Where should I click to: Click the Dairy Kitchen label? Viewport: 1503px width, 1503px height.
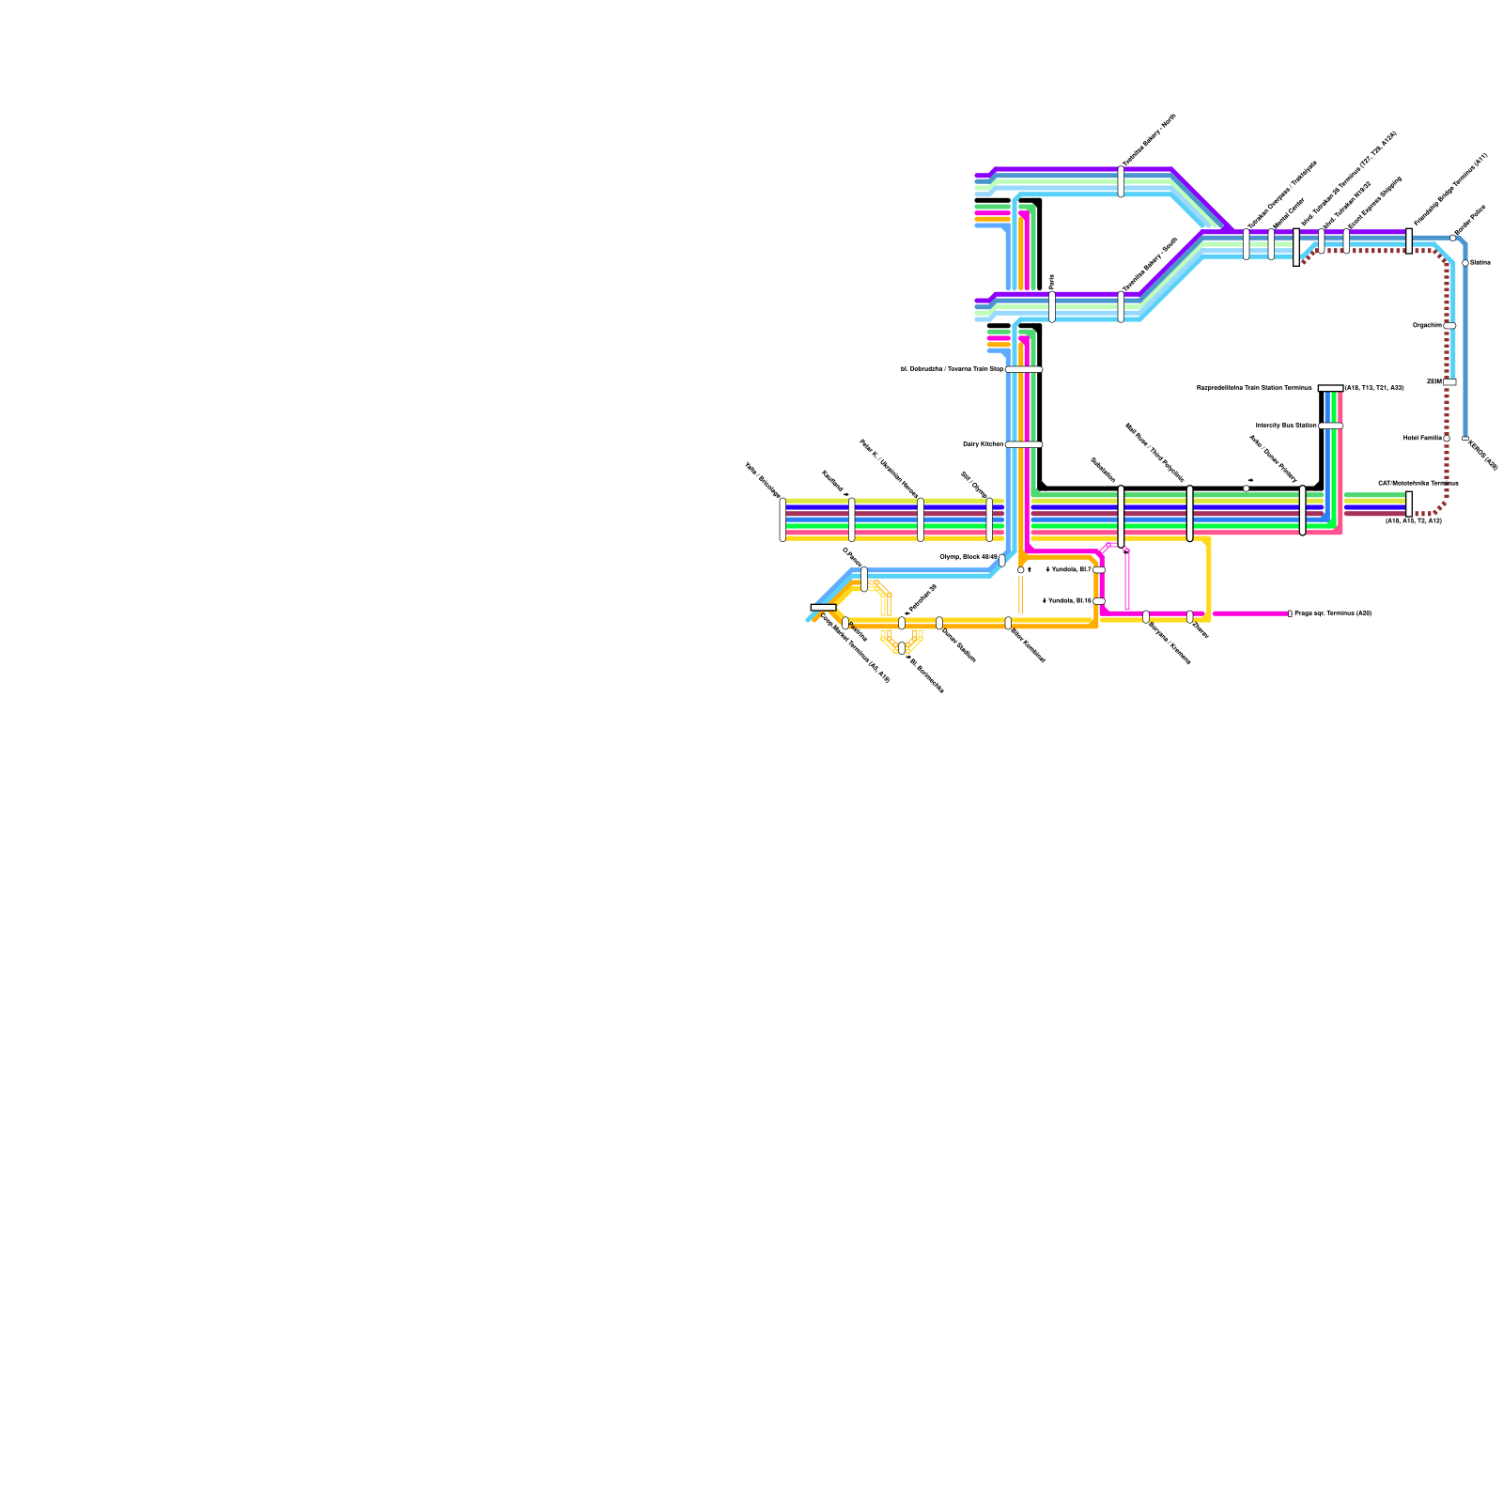pyautogui.click(x=983, y=444)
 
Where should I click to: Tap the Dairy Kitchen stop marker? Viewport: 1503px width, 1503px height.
pyautogui.click(x=1023, y=444)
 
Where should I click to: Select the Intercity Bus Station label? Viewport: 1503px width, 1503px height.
pyautogui.click(x=1285, y=426)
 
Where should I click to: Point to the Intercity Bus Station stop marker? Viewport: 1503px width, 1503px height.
pyautogui.click(x=1330, y=426)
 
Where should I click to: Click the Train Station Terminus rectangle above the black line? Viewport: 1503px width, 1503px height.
pyautogui.click(x=1330, y=388)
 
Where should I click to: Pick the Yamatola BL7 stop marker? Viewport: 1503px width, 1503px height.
pyautogui.click(x=1099, y=569)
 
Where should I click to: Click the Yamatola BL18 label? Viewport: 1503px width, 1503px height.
pyautogui.click(x=1066, y=600)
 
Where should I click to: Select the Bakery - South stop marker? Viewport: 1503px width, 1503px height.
pyautogui.click(x=1121, y=306)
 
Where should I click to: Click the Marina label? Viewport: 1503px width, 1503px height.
pyautogui.click(x=1480, y=262)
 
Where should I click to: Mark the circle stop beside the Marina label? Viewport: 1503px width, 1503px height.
pyautogui.click(x=1465, y=263)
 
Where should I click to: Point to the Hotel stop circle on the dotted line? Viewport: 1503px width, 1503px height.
pyautogui.click(x=1447, y=439)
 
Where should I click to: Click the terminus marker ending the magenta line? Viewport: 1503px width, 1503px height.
pyautogui.click(x=1290, y=613)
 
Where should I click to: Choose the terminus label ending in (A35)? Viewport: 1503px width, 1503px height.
pyautogui.click(x=1332, y=613)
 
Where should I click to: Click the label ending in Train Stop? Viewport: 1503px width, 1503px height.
pyautogui.click(x=952, y=369)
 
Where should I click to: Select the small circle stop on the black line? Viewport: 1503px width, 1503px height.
pyautogui.click(x=1247, y=488)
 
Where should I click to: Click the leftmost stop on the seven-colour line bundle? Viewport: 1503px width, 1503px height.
pyautogui.click(x=782, y=519)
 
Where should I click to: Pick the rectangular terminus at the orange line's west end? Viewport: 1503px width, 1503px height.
pyautogui.click(x=823, y=608)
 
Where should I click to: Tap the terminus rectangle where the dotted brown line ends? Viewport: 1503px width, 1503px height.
pyautogui.click(x=1409, y=504)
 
